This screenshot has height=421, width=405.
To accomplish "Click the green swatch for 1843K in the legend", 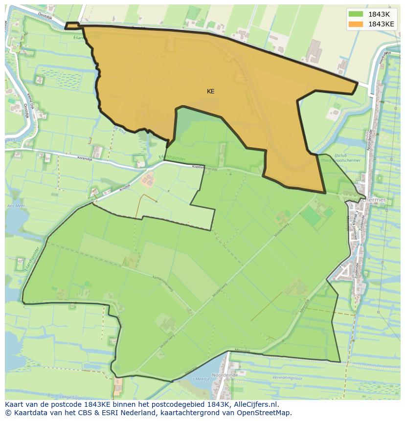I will tap(356, 14).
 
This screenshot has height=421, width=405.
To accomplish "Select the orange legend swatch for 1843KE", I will tap(356, 24).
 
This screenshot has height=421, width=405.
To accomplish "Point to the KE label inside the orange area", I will tap(210, 91).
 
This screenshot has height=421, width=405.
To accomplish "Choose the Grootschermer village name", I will tap(372, 200).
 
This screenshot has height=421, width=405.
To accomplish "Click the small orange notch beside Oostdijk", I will tap(72, 25).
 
